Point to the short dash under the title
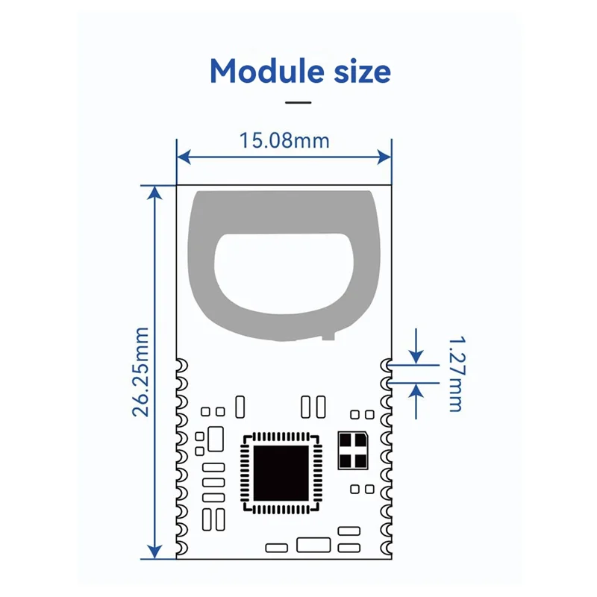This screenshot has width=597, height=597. pos(298,101)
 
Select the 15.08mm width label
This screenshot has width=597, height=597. pos(284,140)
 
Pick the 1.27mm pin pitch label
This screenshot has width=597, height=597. pos(455,373)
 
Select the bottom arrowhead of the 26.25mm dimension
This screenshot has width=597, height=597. pos(154,551)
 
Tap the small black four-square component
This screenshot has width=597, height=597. pos(352,450)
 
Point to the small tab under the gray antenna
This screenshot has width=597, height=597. pos(326,337)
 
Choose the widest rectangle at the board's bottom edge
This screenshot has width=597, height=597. pos(313,545)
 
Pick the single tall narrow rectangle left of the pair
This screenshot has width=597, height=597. pos(240,407)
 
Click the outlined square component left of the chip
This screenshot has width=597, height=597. pos(215,438)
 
